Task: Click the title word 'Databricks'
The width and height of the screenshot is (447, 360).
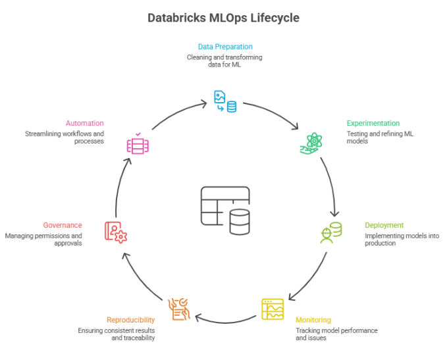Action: click(176, 18)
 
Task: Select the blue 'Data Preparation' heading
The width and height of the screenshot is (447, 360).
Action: click(225, 47)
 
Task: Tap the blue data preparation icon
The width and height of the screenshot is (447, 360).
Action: click(225, 101)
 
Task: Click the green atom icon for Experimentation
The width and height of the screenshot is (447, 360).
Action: click(311, 143)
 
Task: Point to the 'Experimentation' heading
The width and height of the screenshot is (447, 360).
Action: click(373, 123)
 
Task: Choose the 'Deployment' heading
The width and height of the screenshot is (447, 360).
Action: click(384, 225)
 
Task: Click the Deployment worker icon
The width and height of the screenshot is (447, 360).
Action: click(330, 232)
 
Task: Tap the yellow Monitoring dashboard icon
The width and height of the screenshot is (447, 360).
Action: click(273, 309)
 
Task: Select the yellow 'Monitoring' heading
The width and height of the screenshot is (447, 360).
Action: click(313, 320)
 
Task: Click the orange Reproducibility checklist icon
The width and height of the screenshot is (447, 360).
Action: click(179, 309)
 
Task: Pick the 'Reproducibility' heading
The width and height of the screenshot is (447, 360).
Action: click(131, 320)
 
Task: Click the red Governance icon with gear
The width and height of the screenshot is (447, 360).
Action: click(116, 232)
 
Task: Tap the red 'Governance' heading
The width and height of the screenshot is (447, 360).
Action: click(63, 225)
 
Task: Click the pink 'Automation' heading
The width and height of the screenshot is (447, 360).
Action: click(85, 123)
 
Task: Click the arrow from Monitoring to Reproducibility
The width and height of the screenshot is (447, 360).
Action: click(225, 322)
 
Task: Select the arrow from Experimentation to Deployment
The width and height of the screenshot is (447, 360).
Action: click(332, 186)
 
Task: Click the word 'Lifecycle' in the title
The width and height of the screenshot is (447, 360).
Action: click(275, 18)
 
